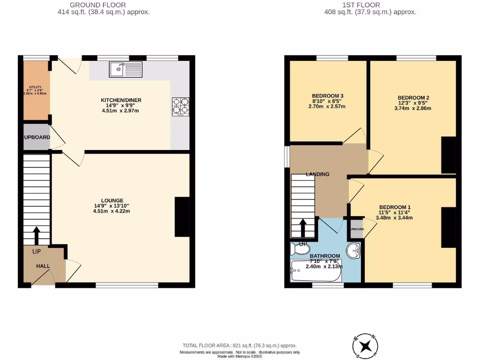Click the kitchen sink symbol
tap(126, 69)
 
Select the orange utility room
tap(36, 90)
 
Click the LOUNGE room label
tap(111, 200)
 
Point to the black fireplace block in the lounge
tap(182, 217)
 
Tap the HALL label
tap(43, 266)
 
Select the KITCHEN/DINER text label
tap(121, 100)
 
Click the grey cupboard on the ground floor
tap(36, 137)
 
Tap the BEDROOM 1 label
tap(395, 207)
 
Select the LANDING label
tap(317, 174)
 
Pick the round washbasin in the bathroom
tap(353, 250)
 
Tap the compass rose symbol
tap(366, 346)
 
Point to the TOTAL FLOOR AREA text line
tap(240, 345)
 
